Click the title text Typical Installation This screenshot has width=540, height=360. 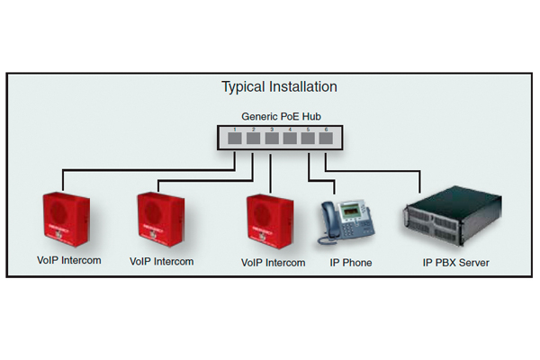(279, 87)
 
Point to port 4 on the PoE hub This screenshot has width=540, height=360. (289, 139)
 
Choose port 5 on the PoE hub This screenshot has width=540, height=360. (308, 139)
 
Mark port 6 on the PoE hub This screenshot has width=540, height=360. (326, 139)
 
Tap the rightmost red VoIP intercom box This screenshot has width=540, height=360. (271, 221)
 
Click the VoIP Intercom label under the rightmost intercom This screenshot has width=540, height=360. (274, 263)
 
